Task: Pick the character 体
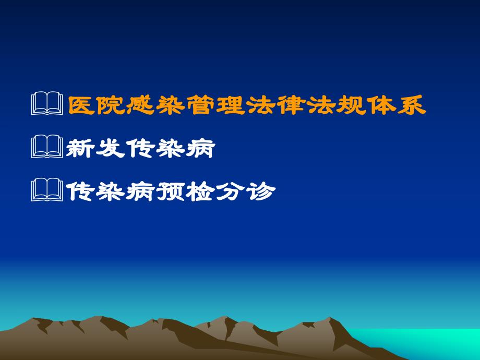coord(382,105)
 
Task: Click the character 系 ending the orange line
coord(412,105)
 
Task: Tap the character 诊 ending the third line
coord(260,192)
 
